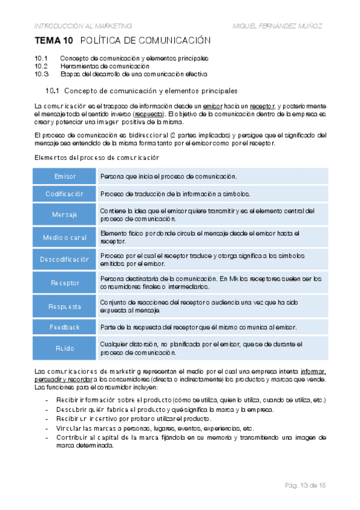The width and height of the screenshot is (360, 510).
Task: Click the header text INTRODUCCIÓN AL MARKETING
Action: (83, 26)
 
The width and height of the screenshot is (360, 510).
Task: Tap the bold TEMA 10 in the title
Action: (54, 41)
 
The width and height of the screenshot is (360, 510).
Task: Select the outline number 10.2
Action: (41, 66)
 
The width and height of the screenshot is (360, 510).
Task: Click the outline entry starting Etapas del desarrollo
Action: (133, 74)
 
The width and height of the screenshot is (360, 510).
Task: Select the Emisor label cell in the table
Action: (65, 176)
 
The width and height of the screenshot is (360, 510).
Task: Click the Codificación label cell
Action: (65, 194)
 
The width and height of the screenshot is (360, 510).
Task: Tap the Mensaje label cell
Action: (65, 215)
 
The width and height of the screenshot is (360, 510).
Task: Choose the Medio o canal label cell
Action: (65, 237)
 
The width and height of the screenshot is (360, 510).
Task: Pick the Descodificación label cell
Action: (65, 259)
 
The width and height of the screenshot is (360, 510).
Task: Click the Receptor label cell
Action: (65, 282)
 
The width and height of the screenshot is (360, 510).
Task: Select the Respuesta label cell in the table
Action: (65, 306)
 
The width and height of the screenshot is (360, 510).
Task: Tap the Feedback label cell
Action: (65, 327)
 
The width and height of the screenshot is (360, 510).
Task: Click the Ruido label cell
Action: (65, 348)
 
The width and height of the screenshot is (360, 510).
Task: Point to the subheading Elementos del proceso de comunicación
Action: (96, 158)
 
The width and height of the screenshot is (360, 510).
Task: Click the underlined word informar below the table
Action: (313, 372)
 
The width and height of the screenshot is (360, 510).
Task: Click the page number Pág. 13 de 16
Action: (305, 485)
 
